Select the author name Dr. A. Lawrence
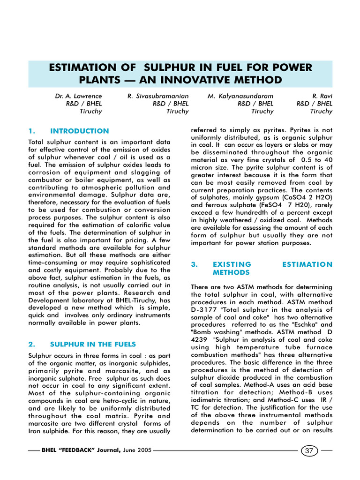coord(78,96)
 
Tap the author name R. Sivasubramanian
coord(158,96)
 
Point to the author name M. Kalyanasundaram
coord(240,96)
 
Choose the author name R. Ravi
coord(322,96)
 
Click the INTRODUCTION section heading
coord(79,131)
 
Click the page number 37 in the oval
coord(309,450)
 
